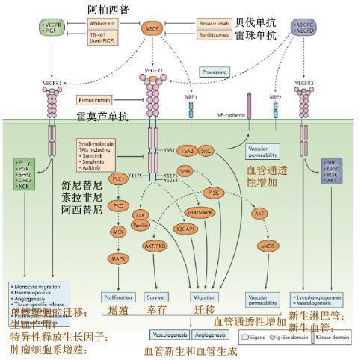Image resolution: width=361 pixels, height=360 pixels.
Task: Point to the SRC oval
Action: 206,150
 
